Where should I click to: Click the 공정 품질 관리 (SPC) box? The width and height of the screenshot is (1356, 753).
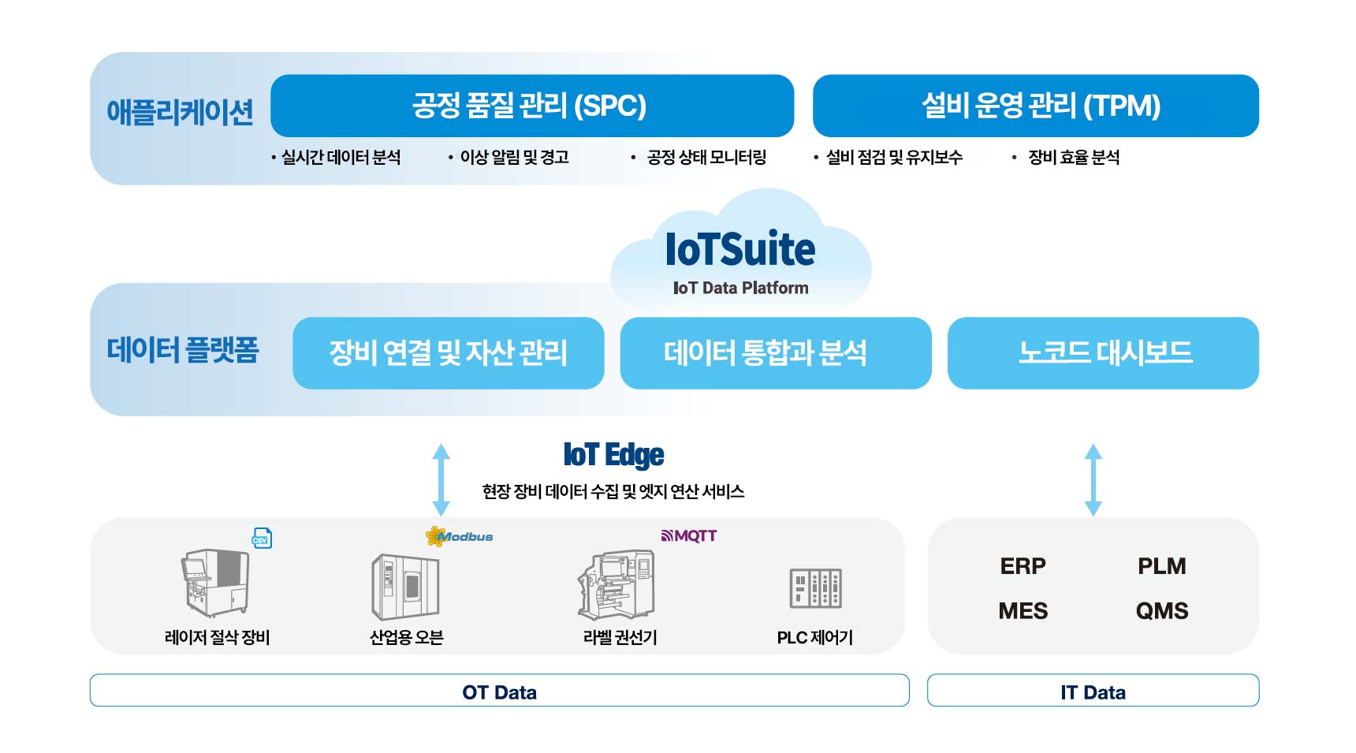[x=531, y=106]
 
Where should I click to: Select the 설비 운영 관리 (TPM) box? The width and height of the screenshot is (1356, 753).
[x=1035, y=106]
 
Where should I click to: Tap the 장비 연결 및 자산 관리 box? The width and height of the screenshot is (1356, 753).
[x=448, y=352]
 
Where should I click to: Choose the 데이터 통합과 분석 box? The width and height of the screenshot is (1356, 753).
[x=775, y=352]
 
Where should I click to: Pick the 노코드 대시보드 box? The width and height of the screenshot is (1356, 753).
[x=1102, y=352]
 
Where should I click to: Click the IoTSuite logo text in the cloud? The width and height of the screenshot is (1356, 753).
[x=740, y=250]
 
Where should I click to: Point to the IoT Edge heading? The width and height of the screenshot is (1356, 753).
[x=613, y=455]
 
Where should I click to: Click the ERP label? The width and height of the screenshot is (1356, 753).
[x=1023, y=566]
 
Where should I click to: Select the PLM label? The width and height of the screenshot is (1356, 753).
[x=1161, y=566]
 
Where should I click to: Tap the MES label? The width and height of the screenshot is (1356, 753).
[x=1023, y=611]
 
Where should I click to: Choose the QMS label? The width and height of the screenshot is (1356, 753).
[x=1161, y=611]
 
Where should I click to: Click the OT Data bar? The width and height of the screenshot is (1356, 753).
[x=499, y=691]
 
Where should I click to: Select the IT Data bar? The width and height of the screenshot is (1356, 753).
[x=1093, y=691]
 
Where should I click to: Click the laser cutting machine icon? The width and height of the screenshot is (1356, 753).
[x=215, y=583]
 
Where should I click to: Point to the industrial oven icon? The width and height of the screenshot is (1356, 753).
[x=405, y=587]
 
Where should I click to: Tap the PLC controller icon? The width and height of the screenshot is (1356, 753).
[x=815, y=588]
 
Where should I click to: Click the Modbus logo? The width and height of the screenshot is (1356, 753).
[x=459, y=537]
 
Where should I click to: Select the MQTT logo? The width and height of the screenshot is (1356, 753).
[x=689, y=536]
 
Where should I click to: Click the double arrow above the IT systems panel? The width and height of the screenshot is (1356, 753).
[x=1093, y=479]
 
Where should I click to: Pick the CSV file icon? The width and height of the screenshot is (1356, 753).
[x=262, y=539]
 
